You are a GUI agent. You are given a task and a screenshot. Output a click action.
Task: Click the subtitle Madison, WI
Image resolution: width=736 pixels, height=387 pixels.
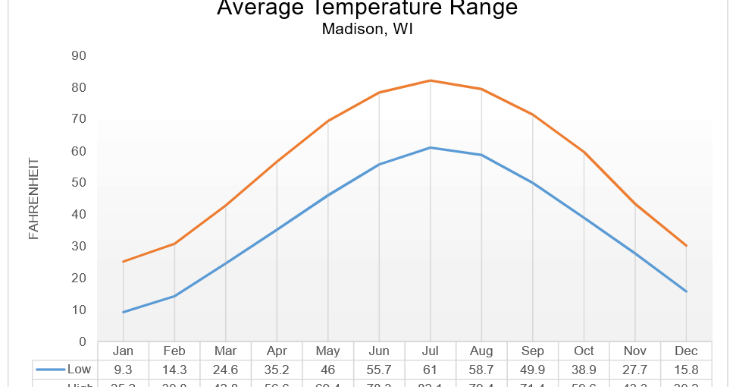coord(367,30)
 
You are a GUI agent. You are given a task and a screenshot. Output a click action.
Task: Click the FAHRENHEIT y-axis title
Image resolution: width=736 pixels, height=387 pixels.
coord(33,199)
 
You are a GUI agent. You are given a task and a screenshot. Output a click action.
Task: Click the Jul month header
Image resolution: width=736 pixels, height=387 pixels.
coord(430,351)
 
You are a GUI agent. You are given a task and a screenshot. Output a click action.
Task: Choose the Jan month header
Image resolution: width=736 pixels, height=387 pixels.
coord(123,351)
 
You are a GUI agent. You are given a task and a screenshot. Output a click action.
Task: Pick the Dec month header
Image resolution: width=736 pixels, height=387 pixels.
coord(686,351)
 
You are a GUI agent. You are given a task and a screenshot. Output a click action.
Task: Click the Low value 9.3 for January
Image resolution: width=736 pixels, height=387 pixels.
coord(123,370)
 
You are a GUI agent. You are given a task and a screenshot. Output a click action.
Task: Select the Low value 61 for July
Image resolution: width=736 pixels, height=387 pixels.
coord(430,370)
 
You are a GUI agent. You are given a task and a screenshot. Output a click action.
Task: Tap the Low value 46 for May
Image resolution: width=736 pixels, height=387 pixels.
coord(327,370)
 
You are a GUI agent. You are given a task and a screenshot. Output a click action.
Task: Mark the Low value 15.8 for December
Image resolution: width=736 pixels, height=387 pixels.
coord(686,370)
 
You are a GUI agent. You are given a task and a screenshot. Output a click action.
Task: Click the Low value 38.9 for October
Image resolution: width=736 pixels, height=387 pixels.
coord(584,370)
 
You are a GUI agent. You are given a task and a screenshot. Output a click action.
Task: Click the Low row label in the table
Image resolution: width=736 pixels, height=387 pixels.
coord(79,370)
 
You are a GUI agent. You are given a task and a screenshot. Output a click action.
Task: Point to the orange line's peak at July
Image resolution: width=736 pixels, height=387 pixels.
coord(430,80)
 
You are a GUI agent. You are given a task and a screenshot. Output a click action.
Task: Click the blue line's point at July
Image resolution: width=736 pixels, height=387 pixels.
coord(430,147)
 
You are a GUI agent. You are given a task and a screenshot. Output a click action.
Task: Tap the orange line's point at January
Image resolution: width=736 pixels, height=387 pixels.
coord(123,262)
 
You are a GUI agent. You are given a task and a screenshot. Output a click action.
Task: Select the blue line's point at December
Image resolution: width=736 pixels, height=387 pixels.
coord(686,291)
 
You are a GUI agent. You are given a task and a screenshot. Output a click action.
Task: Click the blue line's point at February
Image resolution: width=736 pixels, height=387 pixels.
coord(174,296)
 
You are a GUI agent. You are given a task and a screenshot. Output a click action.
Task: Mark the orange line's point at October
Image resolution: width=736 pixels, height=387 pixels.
coord(584,153)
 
